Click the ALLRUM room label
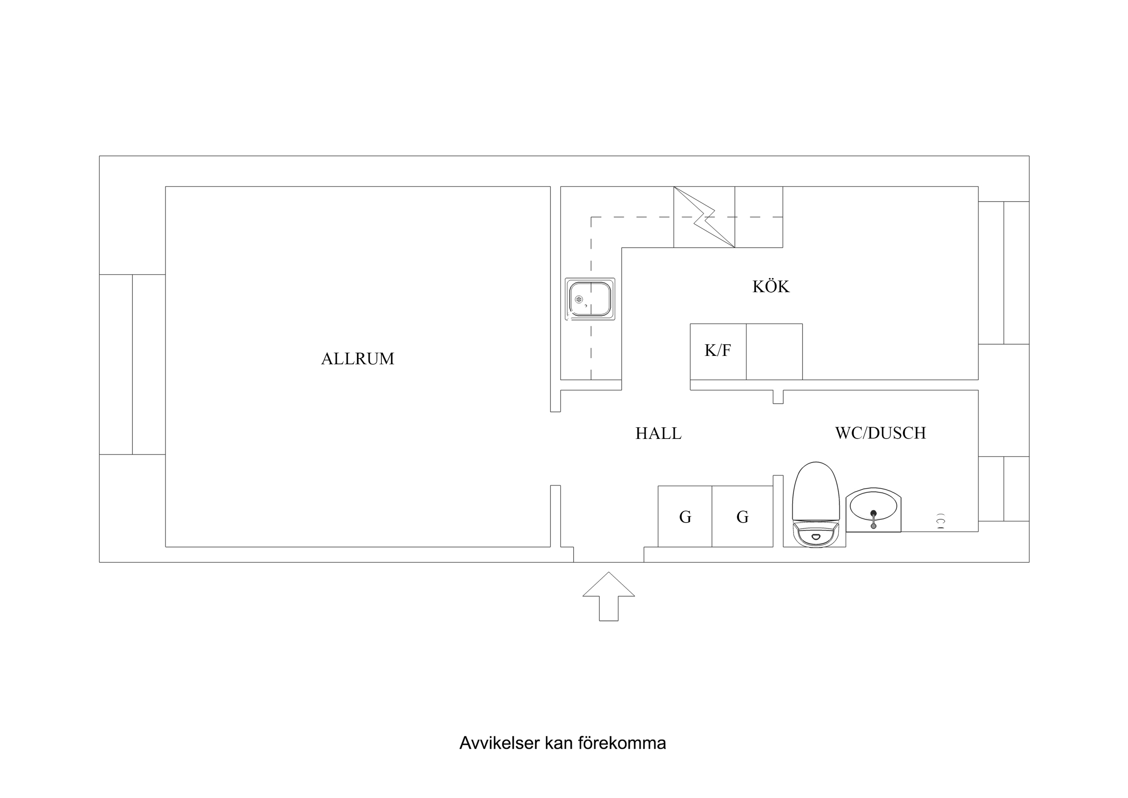tap(357, 359)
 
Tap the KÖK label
tap(771, 287)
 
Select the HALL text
tap(658, 434)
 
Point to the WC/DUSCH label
tap(880, 433)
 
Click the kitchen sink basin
tap(590, 299)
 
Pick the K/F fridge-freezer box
tap(718, 351)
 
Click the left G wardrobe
tap(685, 517)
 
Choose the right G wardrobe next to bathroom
tap(742, 517)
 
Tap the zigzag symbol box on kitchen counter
tap(704, 217)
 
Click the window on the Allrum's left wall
tap(132, 364)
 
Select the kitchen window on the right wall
tap(1003, 273)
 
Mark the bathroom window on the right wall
tap(1003, 489)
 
